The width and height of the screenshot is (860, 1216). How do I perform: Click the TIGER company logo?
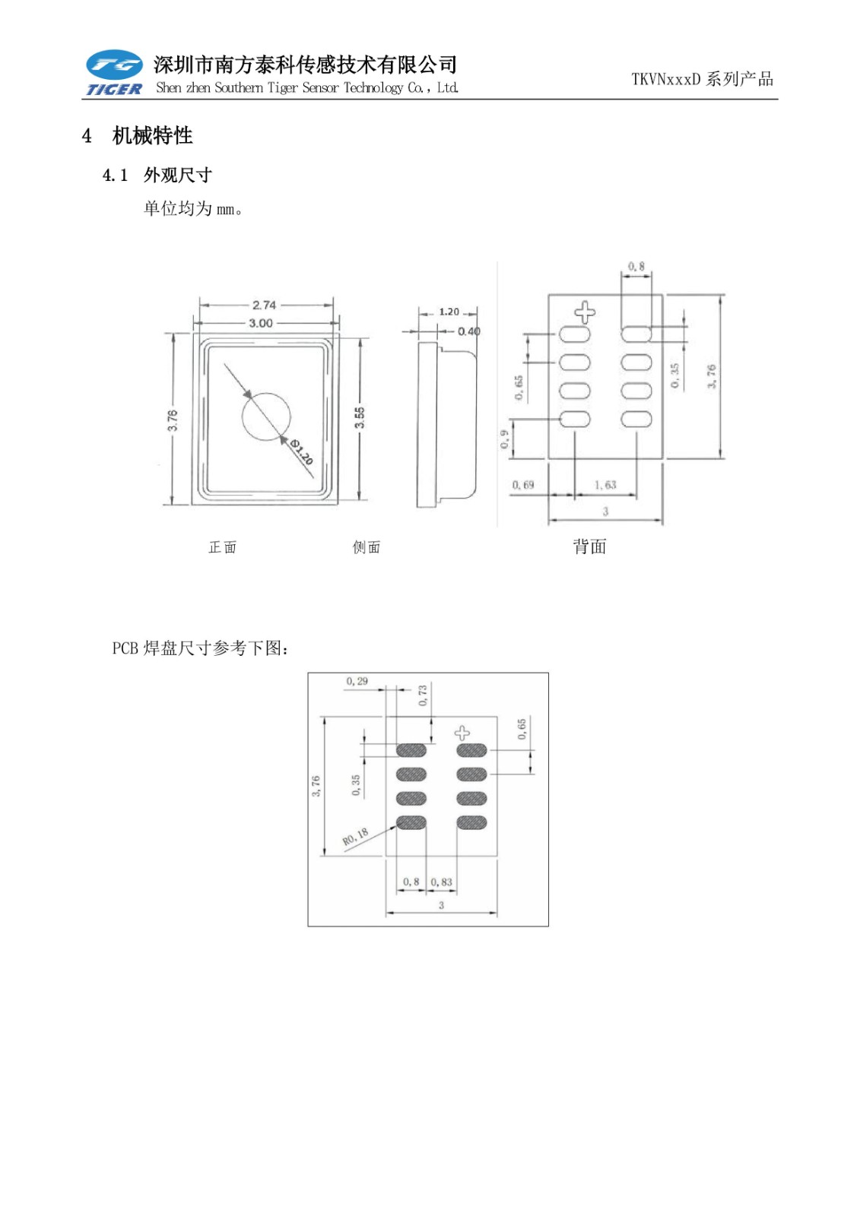[114, 74]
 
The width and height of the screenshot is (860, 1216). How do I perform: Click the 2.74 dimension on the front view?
[264, 305]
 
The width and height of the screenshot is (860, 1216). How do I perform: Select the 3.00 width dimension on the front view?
[261, 323]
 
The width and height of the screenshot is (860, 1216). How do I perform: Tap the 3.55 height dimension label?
[360, 417]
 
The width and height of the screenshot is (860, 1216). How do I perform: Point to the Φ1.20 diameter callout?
[302, 452]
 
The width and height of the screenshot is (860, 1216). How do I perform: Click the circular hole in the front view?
[266, 416]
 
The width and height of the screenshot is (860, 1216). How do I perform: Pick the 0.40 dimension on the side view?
[468, 331]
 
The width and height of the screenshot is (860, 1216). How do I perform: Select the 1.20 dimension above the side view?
[449, 312]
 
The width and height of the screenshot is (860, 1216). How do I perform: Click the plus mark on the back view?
[584, 312]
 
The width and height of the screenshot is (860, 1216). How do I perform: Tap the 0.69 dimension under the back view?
[522, 485]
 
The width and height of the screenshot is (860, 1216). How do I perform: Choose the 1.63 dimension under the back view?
[605, 485]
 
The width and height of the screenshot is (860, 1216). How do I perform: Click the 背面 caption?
[589, 546]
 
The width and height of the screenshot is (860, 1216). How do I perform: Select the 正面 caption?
[223, 547]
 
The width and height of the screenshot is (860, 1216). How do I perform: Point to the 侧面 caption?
[367, 547]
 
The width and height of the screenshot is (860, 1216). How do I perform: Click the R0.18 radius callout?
[355, 837]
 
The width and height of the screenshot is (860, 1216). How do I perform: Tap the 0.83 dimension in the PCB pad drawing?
[441, 882]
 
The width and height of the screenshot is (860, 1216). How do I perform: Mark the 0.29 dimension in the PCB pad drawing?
[357, 681]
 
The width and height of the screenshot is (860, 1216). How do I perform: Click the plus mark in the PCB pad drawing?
[462, 733]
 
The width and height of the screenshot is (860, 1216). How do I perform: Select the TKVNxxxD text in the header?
[665, 79]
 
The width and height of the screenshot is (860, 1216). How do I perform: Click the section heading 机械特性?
[152, 136]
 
